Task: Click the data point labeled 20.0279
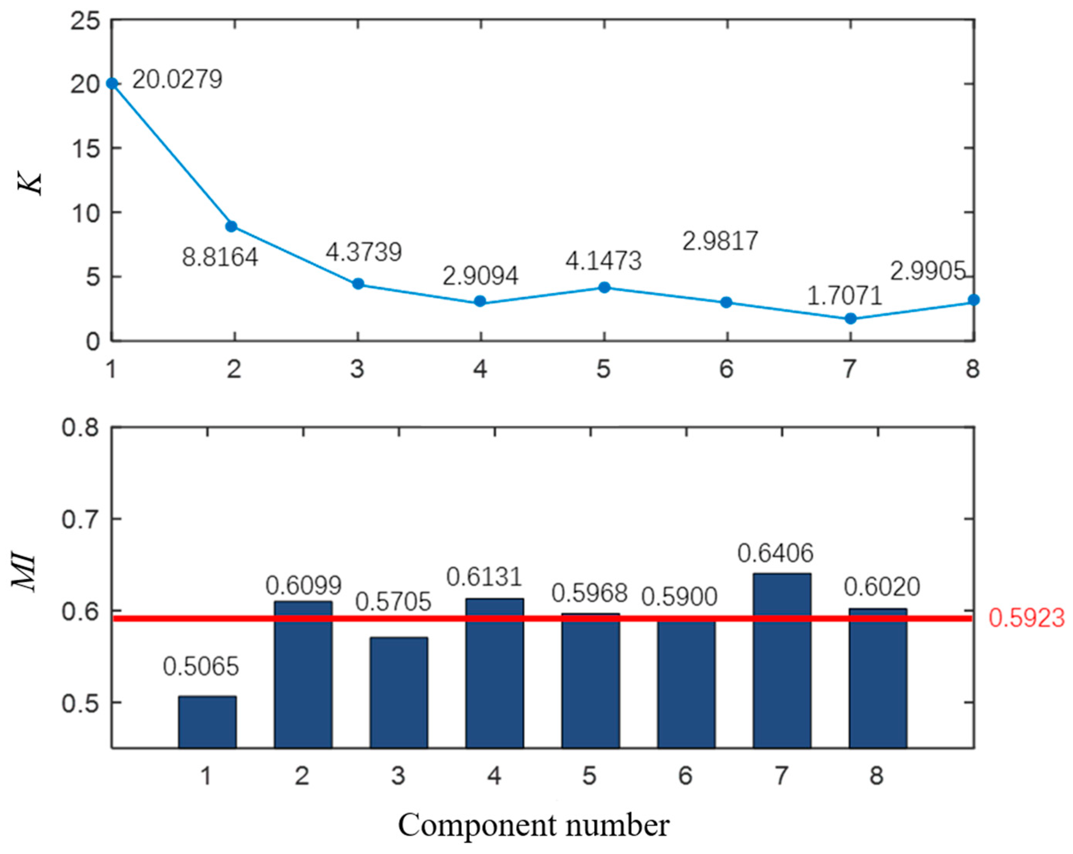[112, 83]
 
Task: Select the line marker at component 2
[232, 227]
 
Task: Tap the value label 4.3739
[364, 252]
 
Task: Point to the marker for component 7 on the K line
[850, 318]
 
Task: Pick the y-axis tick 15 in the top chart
[85, 148]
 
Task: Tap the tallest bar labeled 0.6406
[782, 662]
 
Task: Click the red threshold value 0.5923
[1026, 618]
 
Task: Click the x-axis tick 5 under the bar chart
[590, 776]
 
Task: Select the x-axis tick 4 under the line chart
[480, 369]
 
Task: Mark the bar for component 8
[878, 679]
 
